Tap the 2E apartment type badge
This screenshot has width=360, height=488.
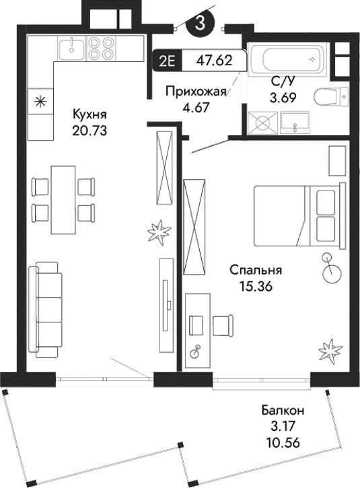coord(167,60)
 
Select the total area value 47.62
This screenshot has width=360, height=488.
coord(214,60)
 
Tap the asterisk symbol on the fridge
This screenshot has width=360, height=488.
coord(40,102)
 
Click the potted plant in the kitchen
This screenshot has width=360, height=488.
coord(160,233)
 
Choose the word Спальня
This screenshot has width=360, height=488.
coord(255,270)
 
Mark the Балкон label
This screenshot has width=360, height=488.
coord(283,409)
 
